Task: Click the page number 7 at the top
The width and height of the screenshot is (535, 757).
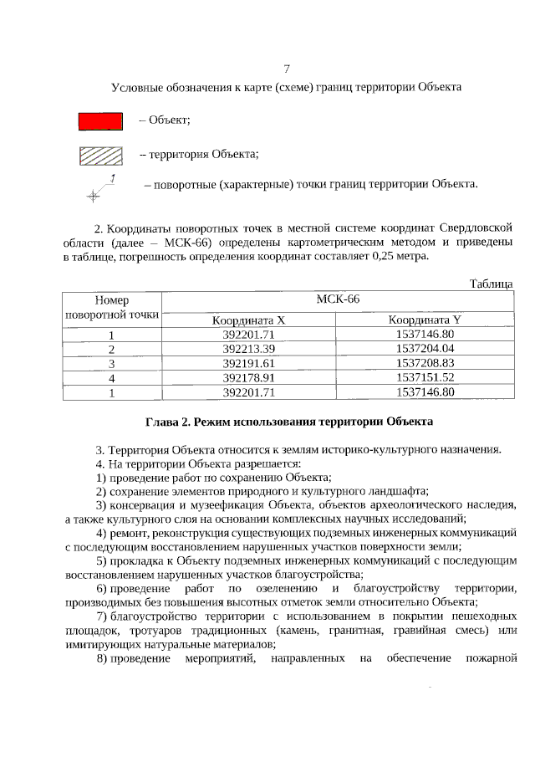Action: [287, 68]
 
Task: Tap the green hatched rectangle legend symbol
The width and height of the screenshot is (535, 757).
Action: [100, 156]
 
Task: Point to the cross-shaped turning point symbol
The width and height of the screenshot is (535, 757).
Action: [92, 195]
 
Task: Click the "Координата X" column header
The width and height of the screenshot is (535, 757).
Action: [248, 320]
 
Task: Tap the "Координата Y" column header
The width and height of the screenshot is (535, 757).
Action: [425, 320]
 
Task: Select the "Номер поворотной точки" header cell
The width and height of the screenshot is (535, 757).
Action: [111, 308]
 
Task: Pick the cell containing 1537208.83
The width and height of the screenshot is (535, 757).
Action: [425, 363]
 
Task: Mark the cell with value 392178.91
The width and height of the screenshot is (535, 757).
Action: [248, 377]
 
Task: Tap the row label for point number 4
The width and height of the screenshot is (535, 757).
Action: [111, 378]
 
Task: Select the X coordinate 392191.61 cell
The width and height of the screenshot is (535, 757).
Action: [248, 363]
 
